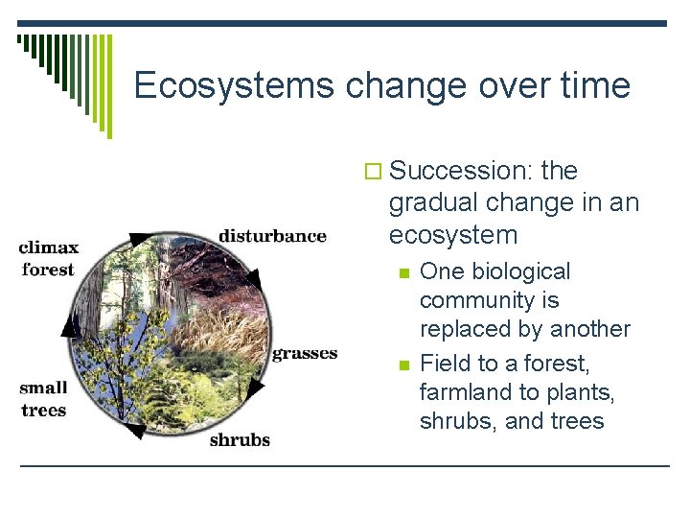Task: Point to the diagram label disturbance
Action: point(272,236)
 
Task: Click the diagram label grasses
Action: point(305,353)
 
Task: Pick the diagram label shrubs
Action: point(240,440)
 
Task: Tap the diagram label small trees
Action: point(43,399)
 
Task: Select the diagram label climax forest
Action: point(47,258)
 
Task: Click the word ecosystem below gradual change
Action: point(453,235)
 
